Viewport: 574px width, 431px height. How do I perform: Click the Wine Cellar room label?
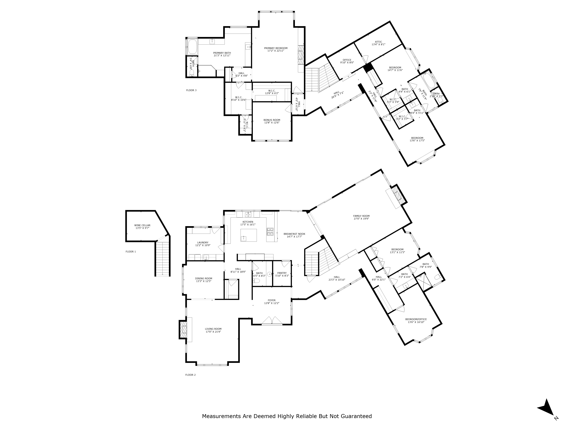142,225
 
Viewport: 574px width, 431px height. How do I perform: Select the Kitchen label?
248,222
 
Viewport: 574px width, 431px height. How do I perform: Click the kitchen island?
249,235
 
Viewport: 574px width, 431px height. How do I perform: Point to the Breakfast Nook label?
294,234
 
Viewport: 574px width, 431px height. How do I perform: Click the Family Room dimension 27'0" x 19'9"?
361,219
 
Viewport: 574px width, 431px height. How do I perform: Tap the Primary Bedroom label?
276,48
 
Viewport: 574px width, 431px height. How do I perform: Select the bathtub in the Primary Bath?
192,47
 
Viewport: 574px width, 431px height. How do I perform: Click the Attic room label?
379,42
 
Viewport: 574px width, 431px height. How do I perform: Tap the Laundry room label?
203,242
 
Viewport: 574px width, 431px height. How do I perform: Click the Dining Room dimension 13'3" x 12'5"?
204,281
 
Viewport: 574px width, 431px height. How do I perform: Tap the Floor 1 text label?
131,251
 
